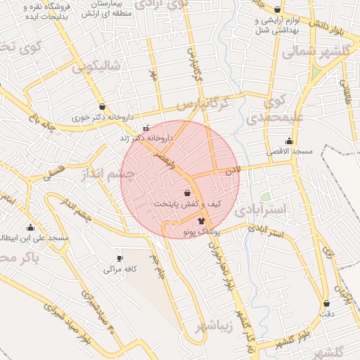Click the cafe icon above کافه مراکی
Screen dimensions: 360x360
click(x=120, y=258)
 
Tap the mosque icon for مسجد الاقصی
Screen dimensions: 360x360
click(x=289, y=141)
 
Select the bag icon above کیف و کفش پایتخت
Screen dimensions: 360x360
click(x=187, y=193)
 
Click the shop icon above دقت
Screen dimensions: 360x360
click(x=327, y=304)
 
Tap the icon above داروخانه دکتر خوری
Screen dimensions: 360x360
click(x=103, y=106)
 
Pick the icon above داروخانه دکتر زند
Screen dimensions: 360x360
click(x=146, y=128)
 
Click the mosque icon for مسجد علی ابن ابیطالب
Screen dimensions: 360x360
click(x=30, y=227)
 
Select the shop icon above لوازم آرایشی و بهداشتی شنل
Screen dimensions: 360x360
click(x=278, y=10)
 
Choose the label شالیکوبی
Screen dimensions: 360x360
click(x=96, y=67)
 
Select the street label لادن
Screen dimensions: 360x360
click(x=233, y=170)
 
